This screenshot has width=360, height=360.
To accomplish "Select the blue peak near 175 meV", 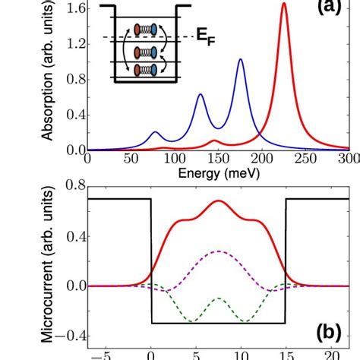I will pyautogui.click(x=241, y=59).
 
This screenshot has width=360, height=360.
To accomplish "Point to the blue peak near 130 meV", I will pyautogui.click(x=201, y=94).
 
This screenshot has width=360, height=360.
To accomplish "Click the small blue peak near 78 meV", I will pyautogui.click(x=155, y=132).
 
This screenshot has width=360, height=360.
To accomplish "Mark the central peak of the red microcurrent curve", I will pyautogui.click(x=219, y=201).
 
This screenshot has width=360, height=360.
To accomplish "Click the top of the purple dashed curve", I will pyautogui.click(x=219, y=251).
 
